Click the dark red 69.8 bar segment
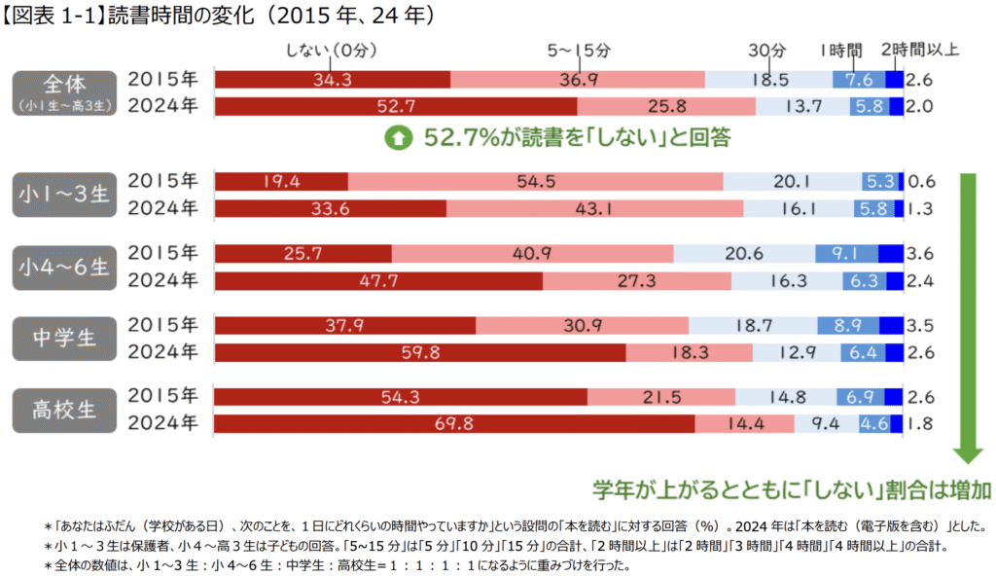454,423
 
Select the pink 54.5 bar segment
536,181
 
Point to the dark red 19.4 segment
281,181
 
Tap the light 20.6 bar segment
744,253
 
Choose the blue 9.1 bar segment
846,253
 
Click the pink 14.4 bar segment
745,423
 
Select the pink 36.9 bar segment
578,80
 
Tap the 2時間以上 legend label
919,50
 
